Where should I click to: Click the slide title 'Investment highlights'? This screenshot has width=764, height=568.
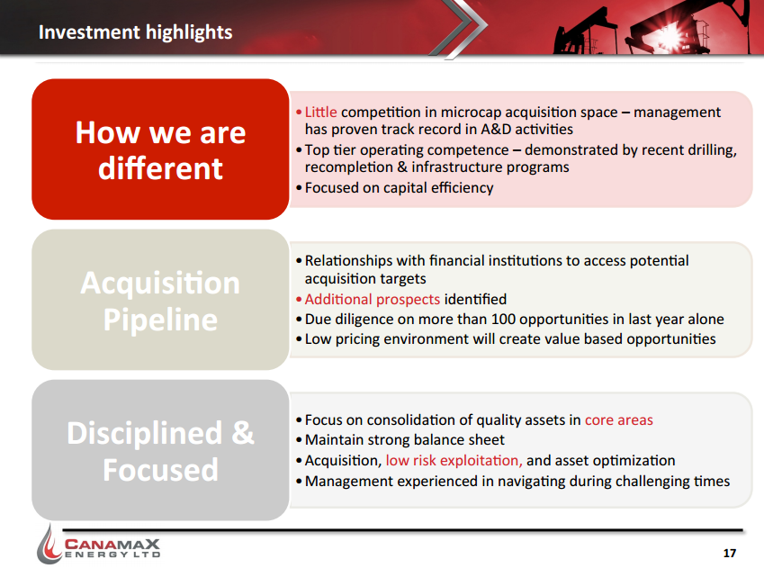coord(136,32)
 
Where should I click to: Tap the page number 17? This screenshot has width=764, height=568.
coord(730,553)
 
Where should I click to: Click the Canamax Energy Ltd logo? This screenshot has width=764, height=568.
coord(99,545)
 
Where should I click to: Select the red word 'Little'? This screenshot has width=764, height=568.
coord(320,113)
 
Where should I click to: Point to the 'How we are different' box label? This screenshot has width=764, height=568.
coord(160,150)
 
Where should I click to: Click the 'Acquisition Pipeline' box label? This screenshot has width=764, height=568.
coord(160,301)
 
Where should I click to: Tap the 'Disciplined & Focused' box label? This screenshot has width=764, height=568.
coord(160,451)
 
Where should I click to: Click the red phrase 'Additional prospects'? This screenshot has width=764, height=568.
coord(373,299)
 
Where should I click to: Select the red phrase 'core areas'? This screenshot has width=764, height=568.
coord(619,419)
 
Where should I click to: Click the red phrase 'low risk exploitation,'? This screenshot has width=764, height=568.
coord(454,460)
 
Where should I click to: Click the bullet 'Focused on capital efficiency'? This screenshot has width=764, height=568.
coord(399,188)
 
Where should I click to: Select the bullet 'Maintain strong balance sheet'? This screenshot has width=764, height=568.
coord(400,440)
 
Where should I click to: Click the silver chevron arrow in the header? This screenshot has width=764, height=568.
coord(459,27)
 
